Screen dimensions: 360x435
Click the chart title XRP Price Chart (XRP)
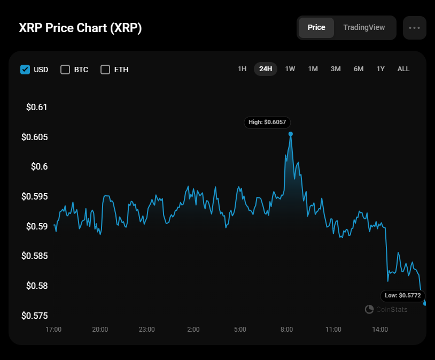(x=80, y=28)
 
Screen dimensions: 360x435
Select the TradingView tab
(x=364, y=27)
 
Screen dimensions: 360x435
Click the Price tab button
(x=316, y=27)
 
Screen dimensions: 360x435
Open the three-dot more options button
(x=414, y=28)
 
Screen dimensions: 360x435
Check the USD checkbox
(x=25, y=70)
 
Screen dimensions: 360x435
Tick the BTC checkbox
(x=65, y=70)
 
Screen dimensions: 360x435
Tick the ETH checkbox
(x=105, y=70)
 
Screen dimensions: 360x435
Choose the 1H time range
(x=242, y=69)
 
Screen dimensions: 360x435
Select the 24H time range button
(x=266, y=69)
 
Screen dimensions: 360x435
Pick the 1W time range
(x=290, y=69)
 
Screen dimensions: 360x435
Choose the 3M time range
(x=336, y=69)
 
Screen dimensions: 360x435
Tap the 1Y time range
(x=380, y=69)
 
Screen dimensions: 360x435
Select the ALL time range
(x=403, y=69)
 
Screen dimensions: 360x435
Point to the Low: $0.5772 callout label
(x=402, y=295)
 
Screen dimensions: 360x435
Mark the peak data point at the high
(x=291, y=134)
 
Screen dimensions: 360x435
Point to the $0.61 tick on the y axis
(x=37, y=107)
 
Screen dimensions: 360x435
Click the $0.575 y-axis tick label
(x=35, y=316)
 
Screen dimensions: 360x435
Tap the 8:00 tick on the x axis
(x=286, y=329)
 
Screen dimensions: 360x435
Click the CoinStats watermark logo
(x=369, y=309)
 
